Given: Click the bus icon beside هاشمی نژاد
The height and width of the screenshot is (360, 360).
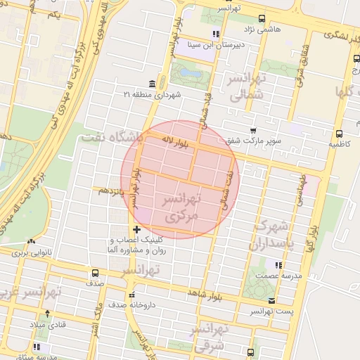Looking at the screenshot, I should (x=262, y=19).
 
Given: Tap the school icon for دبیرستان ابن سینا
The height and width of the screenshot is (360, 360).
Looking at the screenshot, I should (x=215, y=34).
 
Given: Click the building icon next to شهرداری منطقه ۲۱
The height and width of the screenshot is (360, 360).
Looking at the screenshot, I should (x=152, y=84).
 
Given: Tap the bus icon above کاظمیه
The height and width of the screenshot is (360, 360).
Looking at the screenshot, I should (x=340, y=132).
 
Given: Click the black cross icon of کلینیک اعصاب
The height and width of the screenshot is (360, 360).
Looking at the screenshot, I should (x=136, y=229).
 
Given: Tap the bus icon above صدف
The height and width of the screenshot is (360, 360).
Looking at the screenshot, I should (x=95, y=273).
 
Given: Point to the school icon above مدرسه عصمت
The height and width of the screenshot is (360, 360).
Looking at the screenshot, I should (x=279, y=265).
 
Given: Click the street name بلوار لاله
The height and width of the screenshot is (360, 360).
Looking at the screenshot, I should (x=176, y=143).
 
